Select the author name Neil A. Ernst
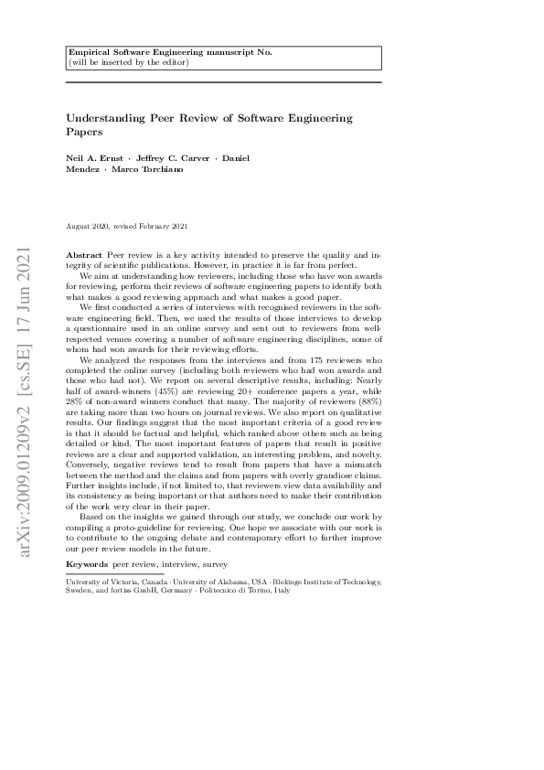(x=95, y=158)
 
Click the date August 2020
(x=90, y=226)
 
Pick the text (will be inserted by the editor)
(x=129, y=62)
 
